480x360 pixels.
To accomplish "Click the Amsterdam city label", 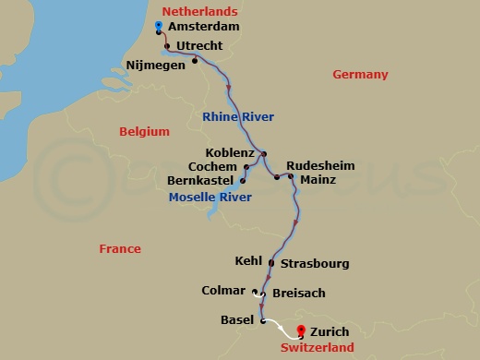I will coord(203,27).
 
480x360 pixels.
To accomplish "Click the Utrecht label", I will coord(202,44).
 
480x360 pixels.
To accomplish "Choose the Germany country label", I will coord(360,75).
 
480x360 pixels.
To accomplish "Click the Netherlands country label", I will coord(198,11).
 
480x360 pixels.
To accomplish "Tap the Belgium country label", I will coord(145,132).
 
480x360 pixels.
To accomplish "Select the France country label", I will coord(121,248).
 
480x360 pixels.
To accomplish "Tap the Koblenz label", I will coord(232,153).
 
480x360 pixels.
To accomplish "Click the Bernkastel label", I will coord(202,180).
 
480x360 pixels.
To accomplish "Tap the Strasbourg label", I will coord(314,264).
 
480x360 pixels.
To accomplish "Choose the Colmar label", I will coord(223,291).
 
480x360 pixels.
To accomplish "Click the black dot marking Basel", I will coord(263,321).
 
